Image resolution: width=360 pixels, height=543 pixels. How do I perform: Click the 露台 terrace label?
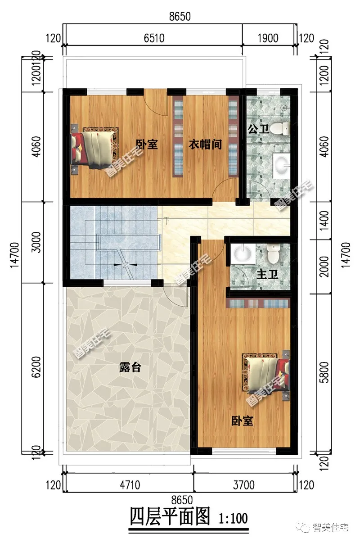[130, 368]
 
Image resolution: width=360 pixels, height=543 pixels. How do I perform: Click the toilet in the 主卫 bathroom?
[274, 254]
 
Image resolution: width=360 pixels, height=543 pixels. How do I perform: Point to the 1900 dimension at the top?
[269, 38]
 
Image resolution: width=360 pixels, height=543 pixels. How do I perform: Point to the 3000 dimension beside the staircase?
[38, 242]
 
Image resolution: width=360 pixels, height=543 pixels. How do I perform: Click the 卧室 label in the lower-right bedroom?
[242, 421]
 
